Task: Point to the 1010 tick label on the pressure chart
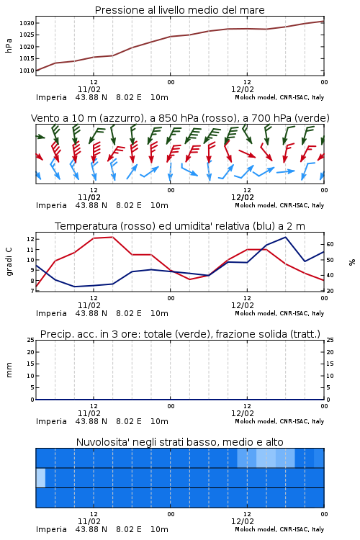tap(27, 71)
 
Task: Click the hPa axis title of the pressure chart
tap(9, 45)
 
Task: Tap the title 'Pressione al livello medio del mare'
tap(180, 10)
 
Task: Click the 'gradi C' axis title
tap(9, 262)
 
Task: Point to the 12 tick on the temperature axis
tap(30, 239)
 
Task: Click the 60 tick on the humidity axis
tap(330, 244)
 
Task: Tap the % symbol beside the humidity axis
tap(352, 262)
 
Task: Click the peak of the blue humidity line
tap(285, 237)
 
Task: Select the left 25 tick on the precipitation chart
tap(31, 340)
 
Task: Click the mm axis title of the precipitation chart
tap(9, 370)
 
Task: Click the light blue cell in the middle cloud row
tap(40, 477)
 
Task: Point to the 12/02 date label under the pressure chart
tap(243, 89)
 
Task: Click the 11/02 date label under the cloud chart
tap(89, 521)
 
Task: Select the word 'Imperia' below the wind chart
tap(51, 205)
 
